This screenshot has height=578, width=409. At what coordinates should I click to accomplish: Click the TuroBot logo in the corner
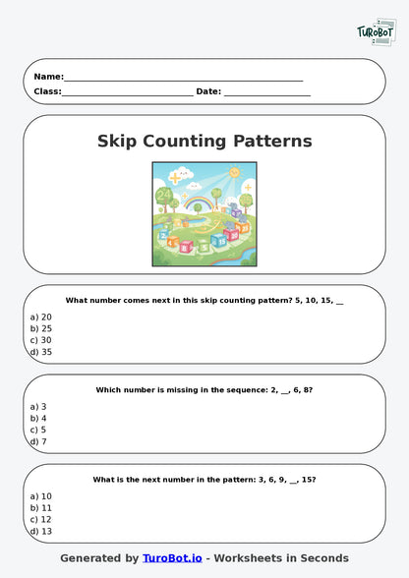click(375, 32)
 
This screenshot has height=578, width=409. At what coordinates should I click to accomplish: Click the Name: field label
click(48, 77)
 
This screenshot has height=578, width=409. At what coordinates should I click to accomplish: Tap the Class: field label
click(47, 91)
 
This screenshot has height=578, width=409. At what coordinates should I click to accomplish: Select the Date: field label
click(208, 91)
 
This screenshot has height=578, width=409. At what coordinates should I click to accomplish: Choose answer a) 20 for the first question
click(40, 317)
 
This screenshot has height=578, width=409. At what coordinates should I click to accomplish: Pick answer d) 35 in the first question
click(40, 352)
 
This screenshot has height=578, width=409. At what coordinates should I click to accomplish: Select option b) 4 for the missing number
click(38, 418)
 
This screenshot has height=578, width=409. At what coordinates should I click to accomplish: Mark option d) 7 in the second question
click(38, 441)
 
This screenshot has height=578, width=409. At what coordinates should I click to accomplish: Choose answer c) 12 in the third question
click(40, 519)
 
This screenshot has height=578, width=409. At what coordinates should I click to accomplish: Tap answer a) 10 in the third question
click(40, 495)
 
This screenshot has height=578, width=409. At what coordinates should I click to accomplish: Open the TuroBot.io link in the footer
click(172, 558)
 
